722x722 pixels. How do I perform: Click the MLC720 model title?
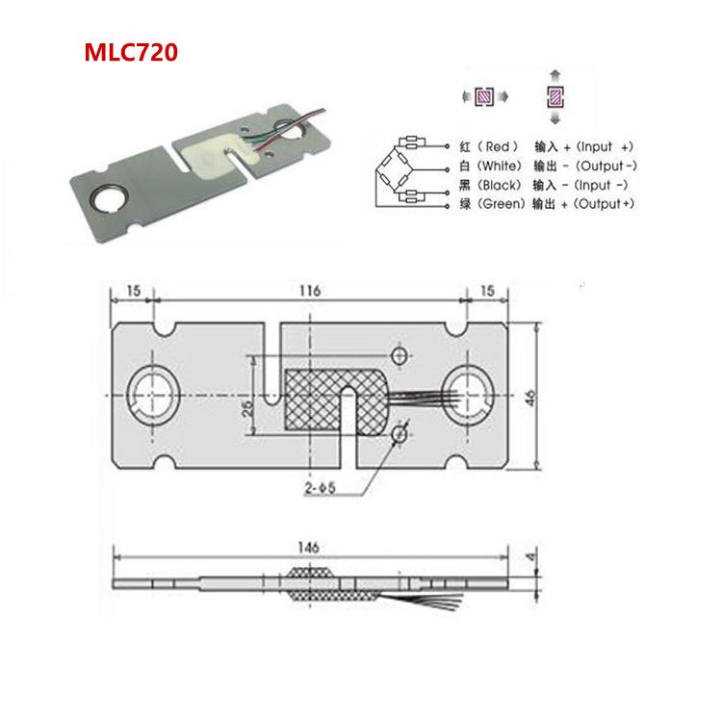[x=130, y=53]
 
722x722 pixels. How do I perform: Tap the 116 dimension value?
[x=310, y=291]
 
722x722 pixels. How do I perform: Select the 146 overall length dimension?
[x=310, y=545]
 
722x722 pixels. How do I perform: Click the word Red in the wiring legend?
[x=500, y=147]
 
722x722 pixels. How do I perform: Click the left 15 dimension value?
[x=133, y=291]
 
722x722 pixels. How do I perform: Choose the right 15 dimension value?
[x=488, y=291]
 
